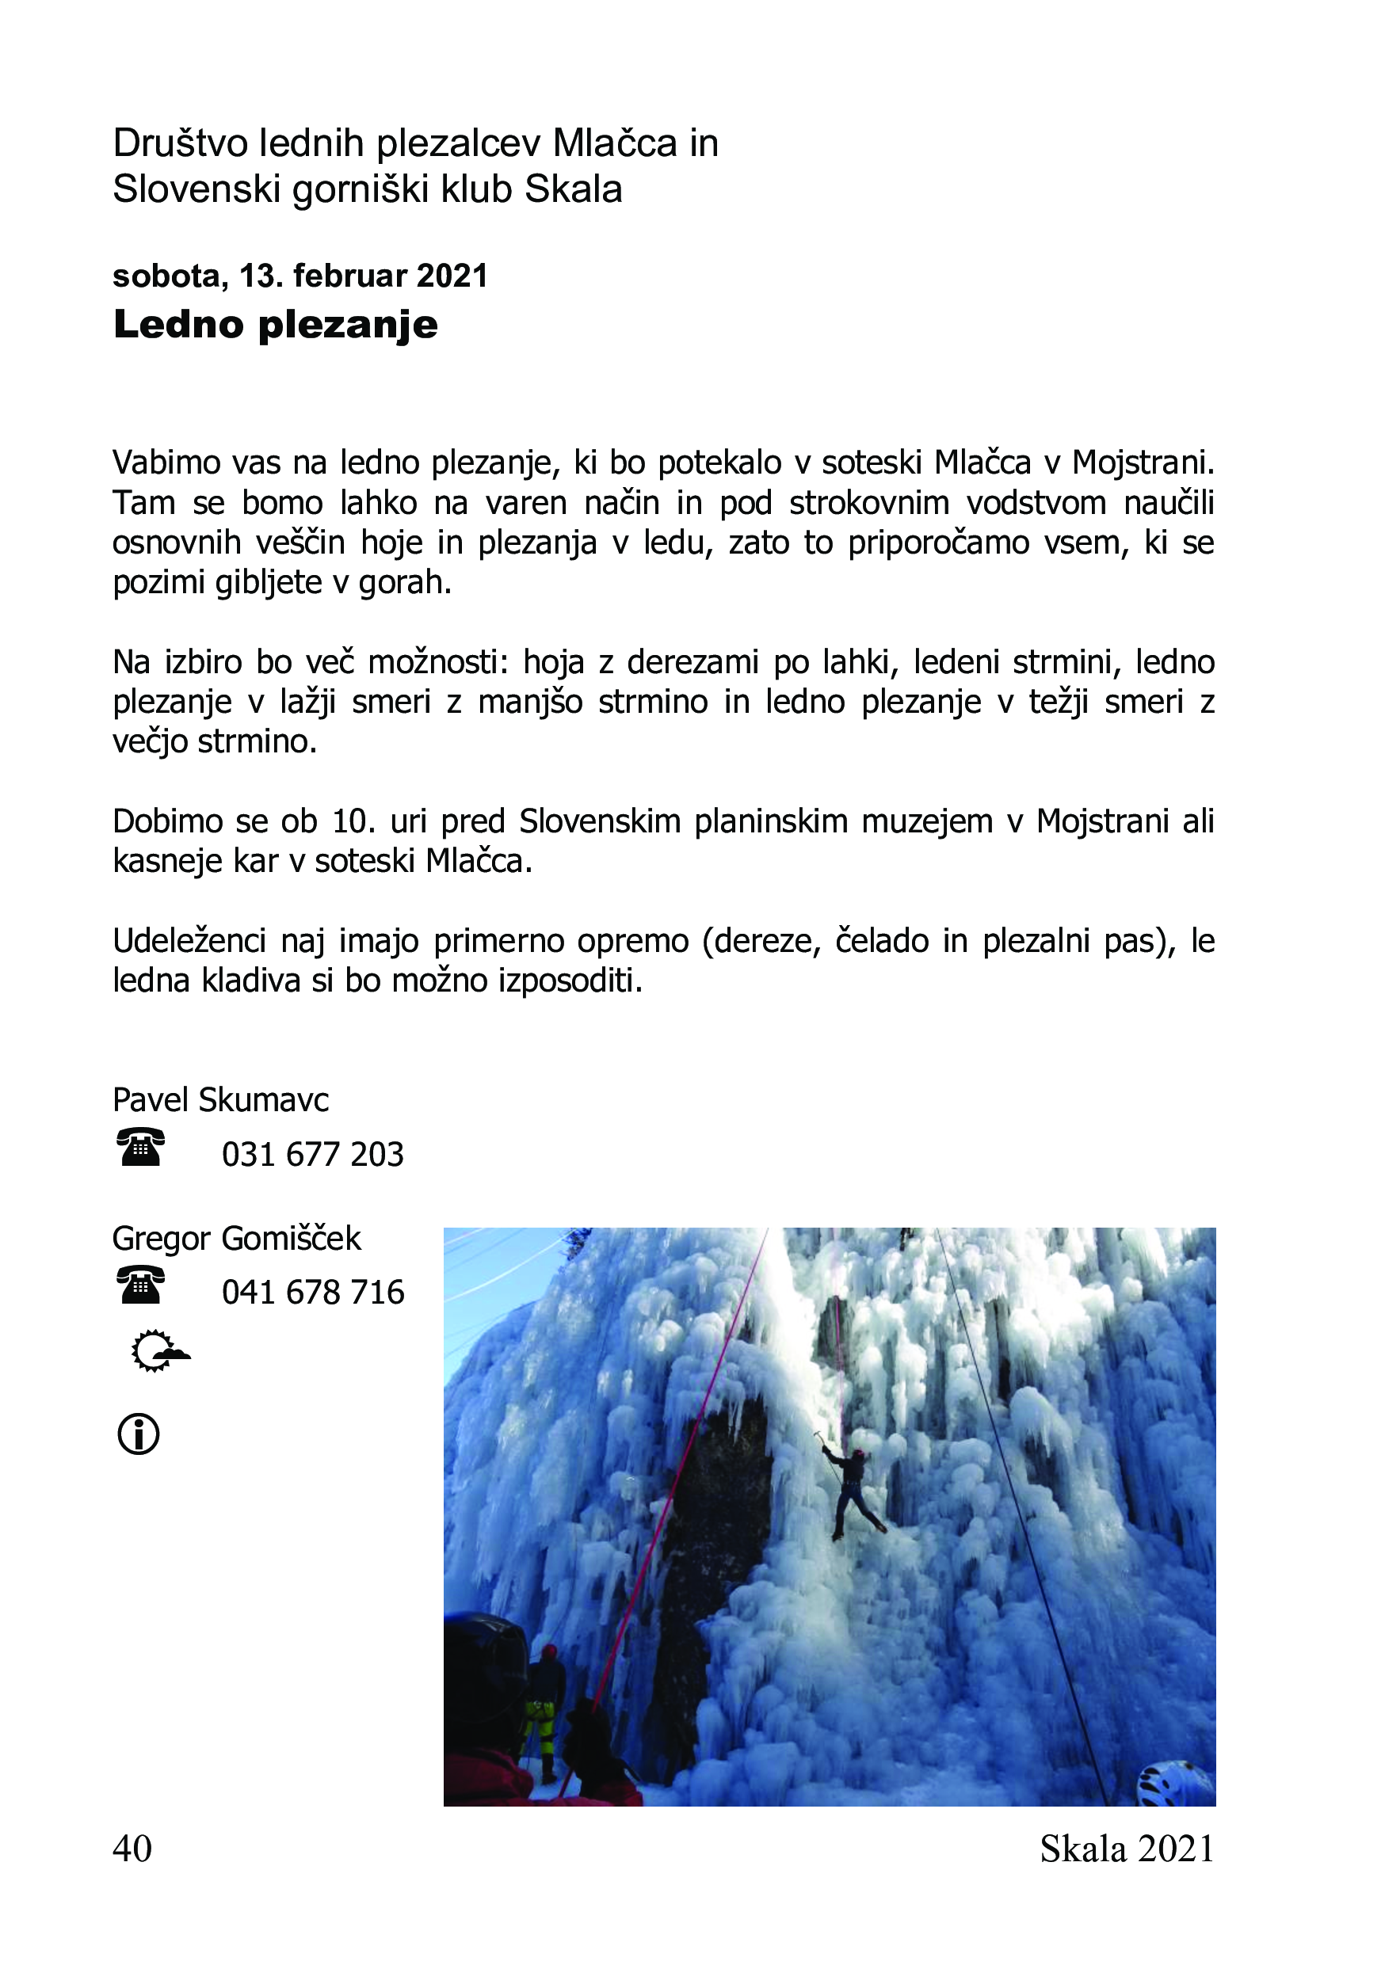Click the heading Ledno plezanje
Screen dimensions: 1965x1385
(x=275, y=326)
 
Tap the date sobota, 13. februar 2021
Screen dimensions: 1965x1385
(x=300, y=276)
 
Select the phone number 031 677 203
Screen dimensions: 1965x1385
(x=312, y=1155)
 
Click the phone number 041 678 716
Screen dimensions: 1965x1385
(x=312, y=1293)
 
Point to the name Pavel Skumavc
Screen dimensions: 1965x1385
(x=221, y=1100)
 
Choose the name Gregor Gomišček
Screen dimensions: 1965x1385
(x=236, y=1239)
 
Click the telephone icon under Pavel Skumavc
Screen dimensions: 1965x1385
(x=140, y=1148)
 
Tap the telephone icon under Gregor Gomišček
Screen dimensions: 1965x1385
(x=140, y=1285)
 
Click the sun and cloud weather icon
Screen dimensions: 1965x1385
(x=159, y=1352)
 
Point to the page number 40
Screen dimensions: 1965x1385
(x=132, y=1849)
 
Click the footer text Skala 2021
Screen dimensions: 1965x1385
(x=1127, y=1849)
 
